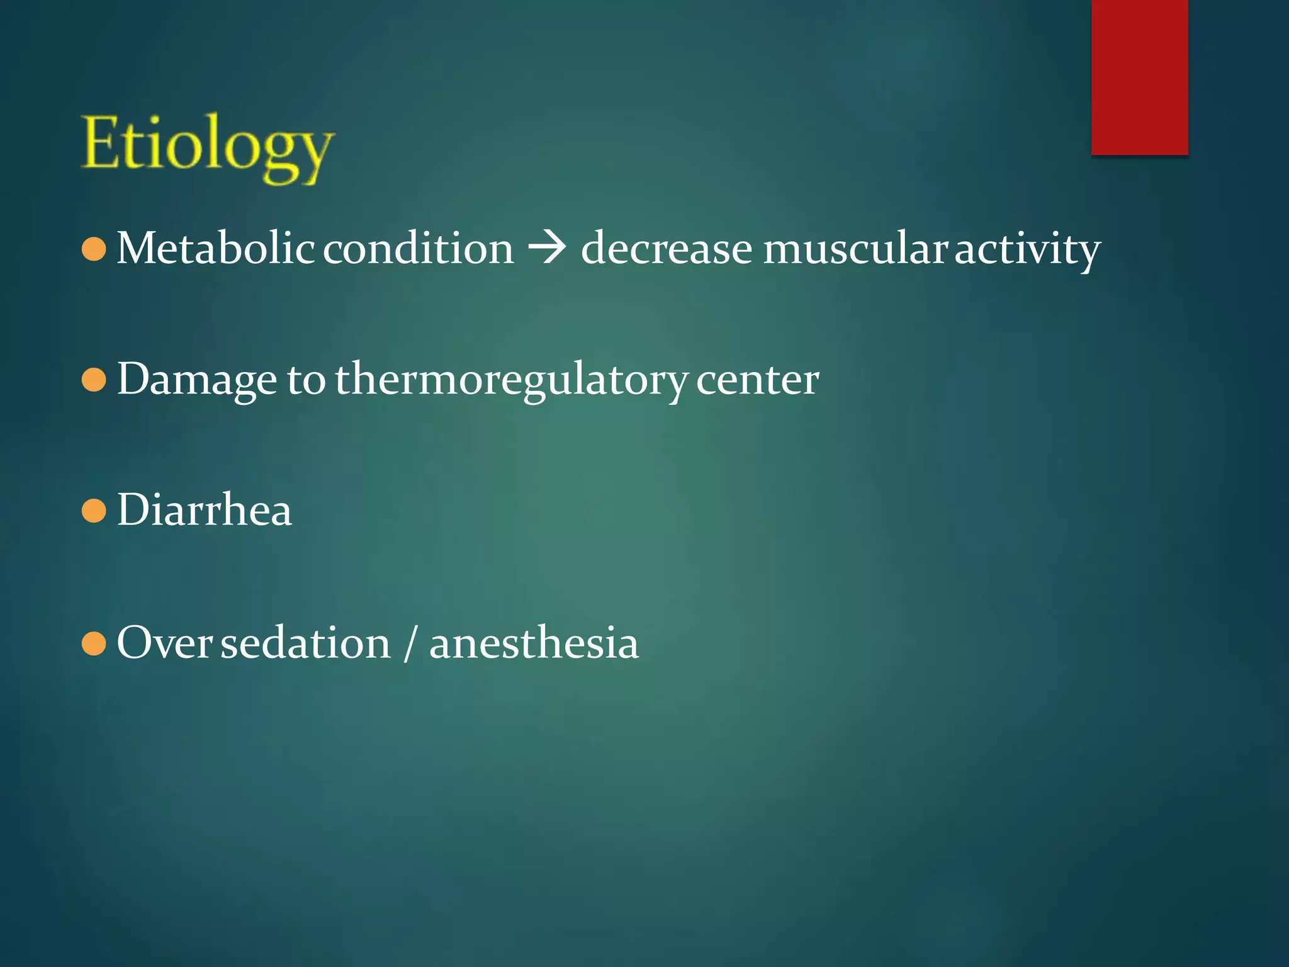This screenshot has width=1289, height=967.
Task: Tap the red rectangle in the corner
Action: (1139, 77)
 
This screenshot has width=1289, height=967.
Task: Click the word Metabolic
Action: (215, 248)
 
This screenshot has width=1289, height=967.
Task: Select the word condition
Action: (419, 248)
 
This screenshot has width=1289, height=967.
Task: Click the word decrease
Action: (666, 248)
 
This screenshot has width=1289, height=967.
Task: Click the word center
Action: (757, 380)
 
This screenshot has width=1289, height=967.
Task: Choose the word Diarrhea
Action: (205, 510)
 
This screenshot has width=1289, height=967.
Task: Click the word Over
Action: (164, 643)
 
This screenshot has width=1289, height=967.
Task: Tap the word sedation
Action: (305, 643)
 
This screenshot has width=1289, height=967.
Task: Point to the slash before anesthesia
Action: (410, 643)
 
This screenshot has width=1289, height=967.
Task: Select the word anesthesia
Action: (534, 643)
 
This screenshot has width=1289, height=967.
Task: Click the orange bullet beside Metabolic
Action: (94, 249)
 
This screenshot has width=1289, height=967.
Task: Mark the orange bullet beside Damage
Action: (94, 380)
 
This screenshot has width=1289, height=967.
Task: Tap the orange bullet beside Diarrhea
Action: (94, 511)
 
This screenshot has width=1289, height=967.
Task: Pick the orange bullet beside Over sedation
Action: (94, 644)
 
